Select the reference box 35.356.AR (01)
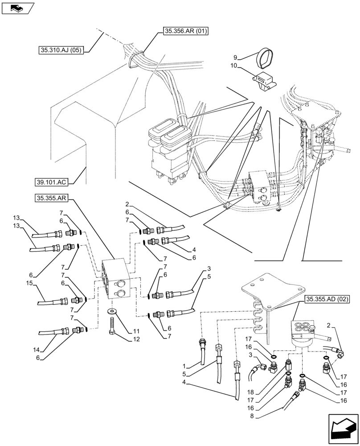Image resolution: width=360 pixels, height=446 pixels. click(182, 31)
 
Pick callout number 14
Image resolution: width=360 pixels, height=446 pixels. click(29, 350)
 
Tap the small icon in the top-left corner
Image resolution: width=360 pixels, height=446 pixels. click(18, 8)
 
